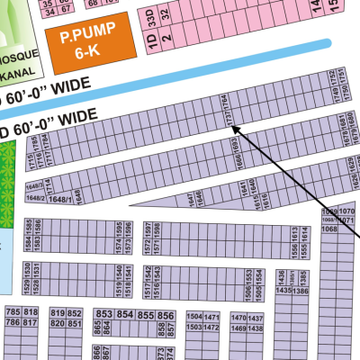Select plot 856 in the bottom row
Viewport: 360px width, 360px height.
click(x=166, y=316)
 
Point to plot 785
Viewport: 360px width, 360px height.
click(x=13, y=311)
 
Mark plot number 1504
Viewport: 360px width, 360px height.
click(x=193, y=317)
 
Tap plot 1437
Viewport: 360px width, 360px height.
click(x=256, y=319)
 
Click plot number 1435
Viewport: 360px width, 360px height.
click(x=283, y=290)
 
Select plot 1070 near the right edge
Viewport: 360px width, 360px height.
click(x=347, y=211)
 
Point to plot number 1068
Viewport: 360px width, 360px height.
click(x=330, y=229)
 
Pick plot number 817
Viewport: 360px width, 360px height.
click(x=31, y=322)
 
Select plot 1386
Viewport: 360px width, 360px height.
click(x=302, y=290)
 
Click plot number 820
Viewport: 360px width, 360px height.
click(x=58, y=323)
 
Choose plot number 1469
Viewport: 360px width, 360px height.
click(x=238, y=328)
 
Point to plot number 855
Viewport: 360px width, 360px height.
click(x=146, y=316)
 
